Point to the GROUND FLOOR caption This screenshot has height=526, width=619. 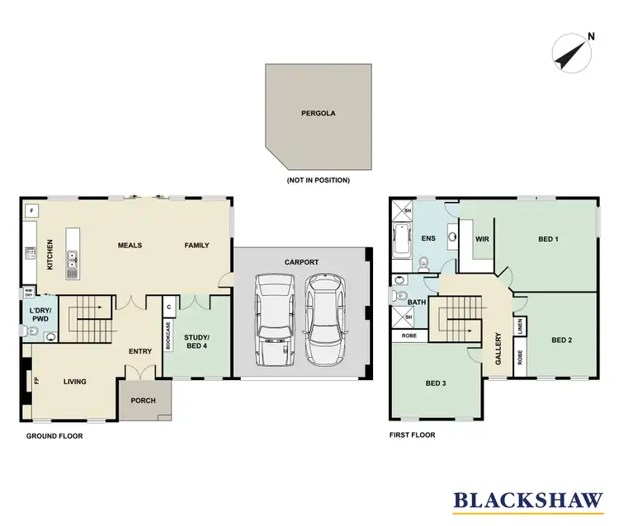pos(54,435)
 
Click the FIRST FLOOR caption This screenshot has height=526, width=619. pos(411,434)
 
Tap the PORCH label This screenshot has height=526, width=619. pos(144,402)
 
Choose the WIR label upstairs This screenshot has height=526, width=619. pos(482,240)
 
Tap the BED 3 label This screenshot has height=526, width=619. pos(436,383)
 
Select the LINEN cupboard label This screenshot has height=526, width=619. pos(520,327)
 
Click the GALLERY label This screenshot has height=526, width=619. pos(499,340)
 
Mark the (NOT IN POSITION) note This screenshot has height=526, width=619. pos(318,180)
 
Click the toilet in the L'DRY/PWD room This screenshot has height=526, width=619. pos(33,332)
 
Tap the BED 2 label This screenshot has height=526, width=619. pos(561,340)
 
